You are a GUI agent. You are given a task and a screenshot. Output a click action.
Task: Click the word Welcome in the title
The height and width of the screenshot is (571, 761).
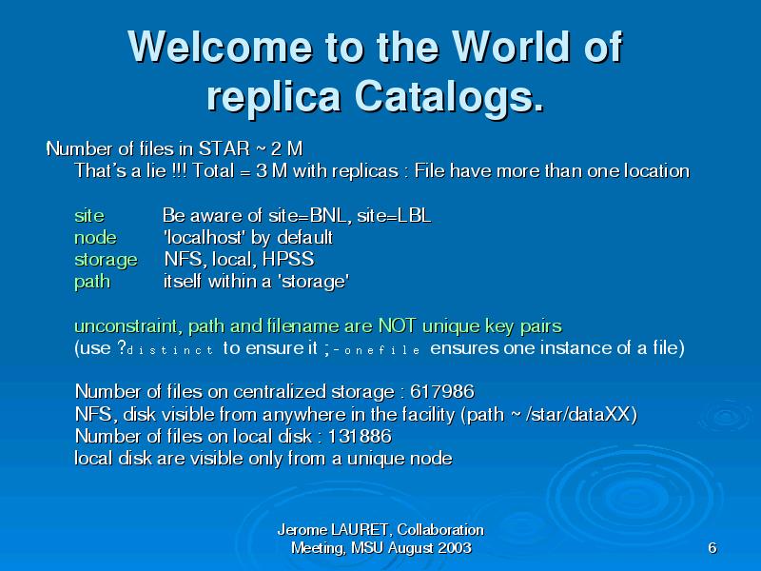220,47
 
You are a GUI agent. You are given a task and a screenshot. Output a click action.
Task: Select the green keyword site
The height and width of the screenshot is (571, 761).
89,215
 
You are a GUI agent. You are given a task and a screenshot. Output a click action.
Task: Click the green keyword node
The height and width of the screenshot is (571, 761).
96,237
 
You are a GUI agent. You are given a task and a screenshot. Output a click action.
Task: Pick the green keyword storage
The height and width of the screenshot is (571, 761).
106,260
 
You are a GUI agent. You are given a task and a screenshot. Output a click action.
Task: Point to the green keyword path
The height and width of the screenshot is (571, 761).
92,282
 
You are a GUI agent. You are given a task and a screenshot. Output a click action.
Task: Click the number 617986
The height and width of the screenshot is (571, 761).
442,391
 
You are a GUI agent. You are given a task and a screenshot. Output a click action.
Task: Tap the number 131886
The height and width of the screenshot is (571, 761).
360,436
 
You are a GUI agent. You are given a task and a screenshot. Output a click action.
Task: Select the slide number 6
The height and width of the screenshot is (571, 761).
712,548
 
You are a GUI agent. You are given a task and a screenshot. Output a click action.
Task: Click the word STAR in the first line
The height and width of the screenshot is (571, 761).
224,148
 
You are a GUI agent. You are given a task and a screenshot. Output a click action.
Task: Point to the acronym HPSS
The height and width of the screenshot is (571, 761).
288,259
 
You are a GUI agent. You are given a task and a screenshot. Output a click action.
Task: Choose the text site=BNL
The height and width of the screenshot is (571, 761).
310,215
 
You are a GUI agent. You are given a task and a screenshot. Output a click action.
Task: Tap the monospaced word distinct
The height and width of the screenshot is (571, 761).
170,350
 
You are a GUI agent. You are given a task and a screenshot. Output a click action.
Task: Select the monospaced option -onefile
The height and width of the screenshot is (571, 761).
377,350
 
